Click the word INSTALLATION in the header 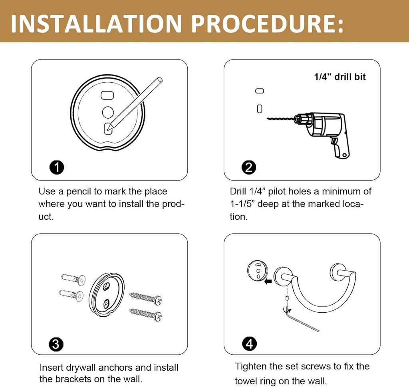click(x=96, y=24)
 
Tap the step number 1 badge click(x=57, y=167)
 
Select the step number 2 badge click(x=249, y=167)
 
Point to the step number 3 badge click(x=56, y=344)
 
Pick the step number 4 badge click(x=249, y=343)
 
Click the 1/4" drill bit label click(x=340, y=77)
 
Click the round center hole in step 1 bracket click(x=108, y=112)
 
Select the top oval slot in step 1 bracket click(x=107, y=95)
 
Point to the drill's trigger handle click(x=341, y=149)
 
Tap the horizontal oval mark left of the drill click(x=260, y=91)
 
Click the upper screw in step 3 click(x=145, y=298)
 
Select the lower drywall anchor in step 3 click(x=71, y=295)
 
